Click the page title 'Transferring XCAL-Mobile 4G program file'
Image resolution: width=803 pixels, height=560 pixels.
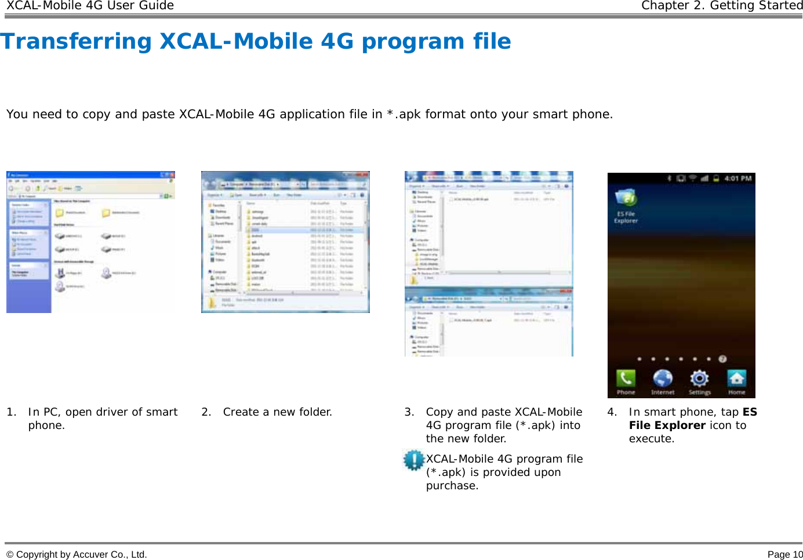pyautogui.click(x=256, y=42)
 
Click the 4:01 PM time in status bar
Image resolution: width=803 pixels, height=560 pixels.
pyautogui.click(x=737, y=179)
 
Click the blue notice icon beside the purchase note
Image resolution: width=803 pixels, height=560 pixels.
pyautogui.click(x=414, y=460)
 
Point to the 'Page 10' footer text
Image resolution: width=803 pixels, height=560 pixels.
pyautogui.click(x=785, y=554)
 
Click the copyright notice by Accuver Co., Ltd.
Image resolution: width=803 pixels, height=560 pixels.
pyautogui.click(x=76, y=554)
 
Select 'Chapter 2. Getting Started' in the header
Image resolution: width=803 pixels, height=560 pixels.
pyautogui.click(x=722, y=6)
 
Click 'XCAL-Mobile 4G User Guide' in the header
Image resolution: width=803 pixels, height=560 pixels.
pyautogui.click(x=90, y=6)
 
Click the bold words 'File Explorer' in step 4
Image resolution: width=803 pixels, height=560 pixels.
pyautogui.click(x=667, y=426)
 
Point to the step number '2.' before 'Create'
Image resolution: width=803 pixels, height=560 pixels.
pyautogui.click(x=206, y=412)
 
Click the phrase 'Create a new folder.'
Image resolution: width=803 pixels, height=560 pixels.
pyautogui.click(x=277, y=412)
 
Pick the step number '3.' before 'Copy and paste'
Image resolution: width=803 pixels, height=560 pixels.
pyautogui.click(x=409, y=412)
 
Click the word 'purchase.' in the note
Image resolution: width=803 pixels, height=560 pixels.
pyautogui.click(x=452, y=486)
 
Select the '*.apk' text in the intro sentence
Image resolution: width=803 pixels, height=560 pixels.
pyautogui.click(x=404, y=114)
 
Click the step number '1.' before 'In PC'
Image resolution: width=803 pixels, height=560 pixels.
pyautogui.click(x=11, y=412)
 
